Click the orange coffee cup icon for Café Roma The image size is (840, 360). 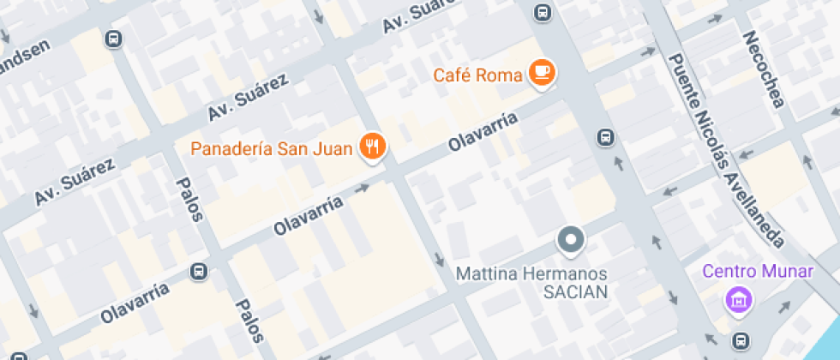(x=541, y=72)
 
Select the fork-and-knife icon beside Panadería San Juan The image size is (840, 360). (x=372, y=147)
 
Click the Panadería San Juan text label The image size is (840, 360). (x=271, y=149)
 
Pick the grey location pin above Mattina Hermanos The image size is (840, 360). (x=570, y=239)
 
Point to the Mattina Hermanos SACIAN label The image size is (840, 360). (x=531, y=283)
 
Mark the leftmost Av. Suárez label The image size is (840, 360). (x=75, y=182)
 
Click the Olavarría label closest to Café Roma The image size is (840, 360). (x=483, y=133)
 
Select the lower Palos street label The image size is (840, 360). (x=249, y=321)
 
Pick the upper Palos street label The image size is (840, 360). (x=189, y=199)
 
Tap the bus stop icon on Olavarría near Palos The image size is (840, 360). (x=199, y=271)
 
